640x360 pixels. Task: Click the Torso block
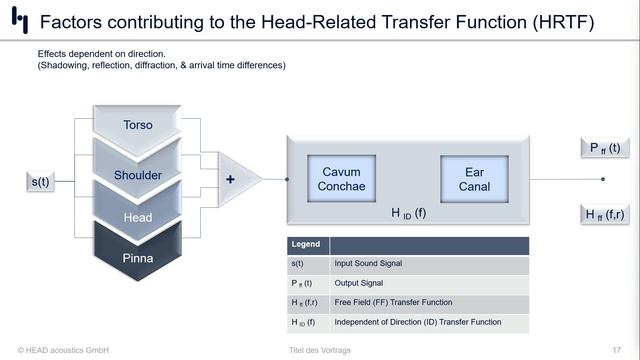pyautogui.click(x=138, y=125)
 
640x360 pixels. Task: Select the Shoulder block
pyautogui.click(x=138, y=175)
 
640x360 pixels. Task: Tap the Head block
pyautogui.click(x=138, y=217)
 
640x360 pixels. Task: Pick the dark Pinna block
pyautogui.click(x=138, y=257)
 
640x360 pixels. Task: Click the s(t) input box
pyautogui.click(x=41, y=181)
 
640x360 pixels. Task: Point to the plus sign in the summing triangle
pyautogui.click(x=231, y=180)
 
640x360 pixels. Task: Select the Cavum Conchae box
pyautogui.click(x=339, y=179)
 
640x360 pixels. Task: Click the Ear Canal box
pyautogui.click(x=474, y=179)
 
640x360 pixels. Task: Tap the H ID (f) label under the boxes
pyautogui.click(x=407, y=212)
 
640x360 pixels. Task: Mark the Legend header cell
pyautogui.click(x=307, y=244)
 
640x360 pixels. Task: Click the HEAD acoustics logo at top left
pyautogui.click(x=19, y=22)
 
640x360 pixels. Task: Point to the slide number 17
pyautogui.click(x=616, y=349)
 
